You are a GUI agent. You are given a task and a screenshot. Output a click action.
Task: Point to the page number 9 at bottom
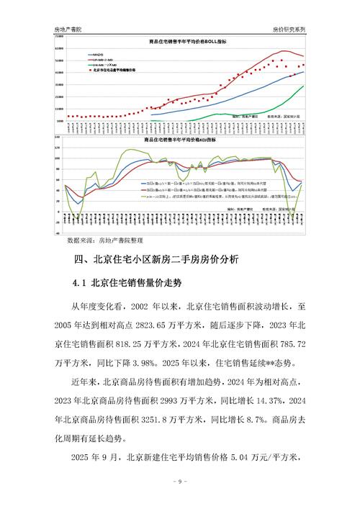tap(179, 481)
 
